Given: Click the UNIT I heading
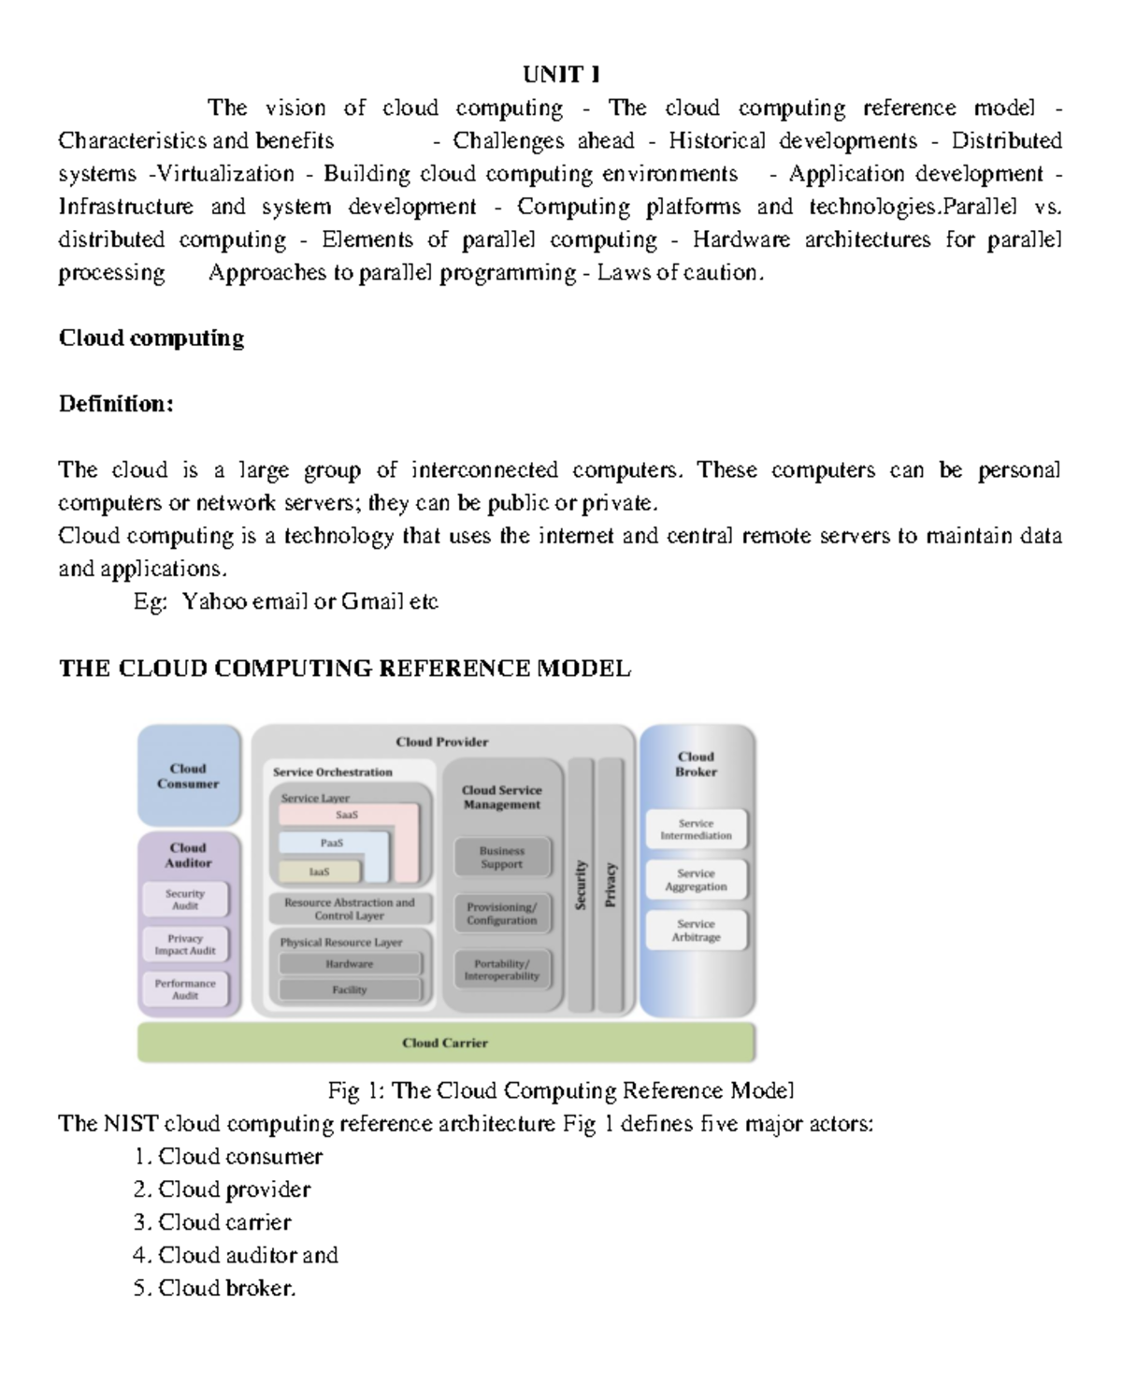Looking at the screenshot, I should (x=561, y=74).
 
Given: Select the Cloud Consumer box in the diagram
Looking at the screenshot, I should (x=188, y=776).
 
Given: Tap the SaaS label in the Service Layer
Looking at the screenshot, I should (x=347, y=815).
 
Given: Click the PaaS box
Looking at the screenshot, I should (x=332, y=843).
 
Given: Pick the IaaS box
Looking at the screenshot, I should (x=319, y=872).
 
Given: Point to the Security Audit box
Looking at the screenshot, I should (x=185, y=900).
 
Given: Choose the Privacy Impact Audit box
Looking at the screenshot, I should (x=185, y=944).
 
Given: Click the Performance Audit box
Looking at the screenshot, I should (x=185, y=989).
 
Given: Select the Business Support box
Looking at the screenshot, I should (x=502, y=858).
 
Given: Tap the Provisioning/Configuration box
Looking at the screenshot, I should (x=502, y=914).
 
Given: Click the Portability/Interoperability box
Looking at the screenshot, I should (x=502, y=970).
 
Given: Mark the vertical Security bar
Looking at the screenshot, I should (x=581, y=885).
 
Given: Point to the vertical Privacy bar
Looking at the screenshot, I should (x=611, y=885).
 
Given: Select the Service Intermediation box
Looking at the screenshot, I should (x=696, y=829).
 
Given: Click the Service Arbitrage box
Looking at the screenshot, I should (x=696, y=930).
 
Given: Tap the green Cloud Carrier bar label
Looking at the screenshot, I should (x=445, y=1043).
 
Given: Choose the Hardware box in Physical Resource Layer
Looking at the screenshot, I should (x=350, y=964).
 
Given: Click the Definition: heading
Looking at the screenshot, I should (x=116, y=404).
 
